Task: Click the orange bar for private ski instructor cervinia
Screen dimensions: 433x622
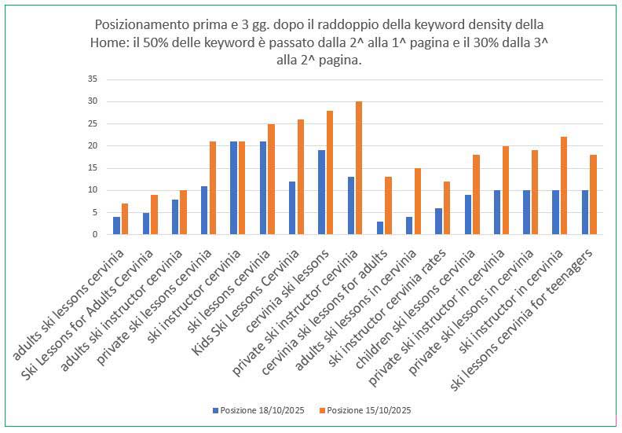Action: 359,168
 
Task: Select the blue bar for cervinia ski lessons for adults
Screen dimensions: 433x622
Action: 380,228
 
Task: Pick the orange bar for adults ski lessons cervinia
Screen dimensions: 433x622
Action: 125,218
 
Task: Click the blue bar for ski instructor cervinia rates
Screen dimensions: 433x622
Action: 439,221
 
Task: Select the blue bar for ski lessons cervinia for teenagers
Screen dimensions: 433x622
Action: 585,212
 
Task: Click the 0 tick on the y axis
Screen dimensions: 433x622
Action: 94,234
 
